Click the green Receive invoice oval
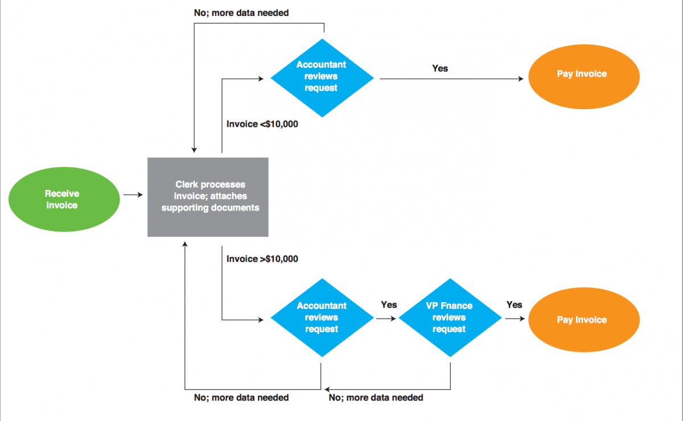point(62,200)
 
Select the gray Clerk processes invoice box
point(208,197)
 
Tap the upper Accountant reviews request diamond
point(322,77)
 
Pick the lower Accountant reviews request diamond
point(322,317)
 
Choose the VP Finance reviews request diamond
point(450,317)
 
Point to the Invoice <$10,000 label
point(262,124)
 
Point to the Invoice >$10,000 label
point(262,259)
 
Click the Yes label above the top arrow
point(440,68)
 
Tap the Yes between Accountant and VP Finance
point(389,305)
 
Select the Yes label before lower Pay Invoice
point(514,305)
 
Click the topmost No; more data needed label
point(241,12)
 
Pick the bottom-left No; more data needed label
point(241,397)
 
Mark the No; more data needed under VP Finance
point(376,397)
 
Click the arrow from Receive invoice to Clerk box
point(133,195)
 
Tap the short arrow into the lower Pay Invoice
point(515,319)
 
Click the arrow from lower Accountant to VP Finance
point(386,319)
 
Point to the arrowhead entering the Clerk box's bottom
point(185,243)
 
